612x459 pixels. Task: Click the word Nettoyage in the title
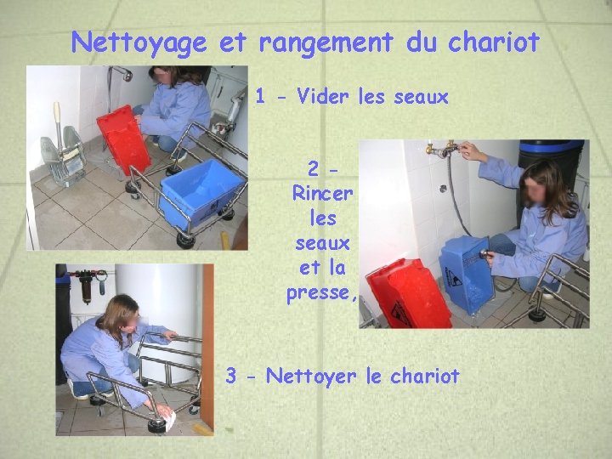click(x=139, y=43)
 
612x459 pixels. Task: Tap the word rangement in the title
click(x=326, y=43)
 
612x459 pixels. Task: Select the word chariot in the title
click(x=493, y=42)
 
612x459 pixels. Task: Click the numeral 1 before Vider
click(x=260, y=96)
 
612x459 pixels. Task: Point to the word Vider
click(x=322, y=95)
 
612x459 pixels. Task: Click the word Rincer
click(x=323, y=193)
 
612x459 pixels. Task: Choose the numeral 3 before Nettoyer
click(x=231, y=376)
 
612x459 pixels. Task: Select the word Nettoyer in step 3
click(x=311, y=376)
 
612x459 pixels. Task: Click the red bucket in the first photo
click(x=124, y=139)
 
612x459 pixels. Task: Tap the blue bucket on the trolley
click(x=201, y=194)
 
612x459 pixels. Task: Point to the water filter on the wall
click(x=86, y=287)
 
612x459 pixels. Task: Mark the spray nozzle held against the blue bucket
click(x=484, y=253)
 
